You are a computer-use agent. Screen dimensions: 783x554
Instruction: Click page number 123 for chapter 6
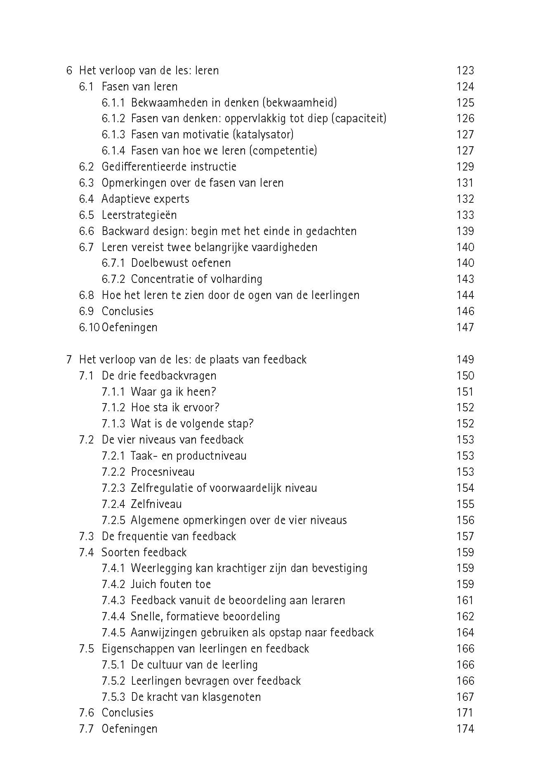465,71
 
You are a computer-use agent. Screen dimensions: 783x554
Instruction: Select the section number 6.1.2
113,119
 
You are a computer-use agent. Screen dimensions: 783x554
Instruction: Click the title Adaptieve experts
145,199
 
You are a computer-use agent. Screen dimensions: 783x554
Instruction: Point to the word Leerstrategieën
139,215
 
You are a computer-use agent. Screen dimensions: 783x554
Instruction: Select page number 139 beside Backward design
465,231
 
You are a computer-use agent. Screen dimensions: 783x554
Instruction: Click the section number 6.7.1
113,263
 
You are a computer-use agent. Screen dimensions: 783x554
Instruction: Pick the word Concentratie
162,279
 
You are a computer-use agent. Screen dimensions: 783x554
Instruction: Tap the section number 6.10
89,327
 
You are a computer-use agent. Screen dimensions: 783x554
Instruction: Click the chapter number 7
69,360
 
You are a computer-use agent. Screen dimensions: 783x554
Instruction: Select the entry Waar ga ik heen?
173,391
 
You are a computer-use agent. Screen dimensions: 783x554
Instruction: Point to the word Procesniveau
163,472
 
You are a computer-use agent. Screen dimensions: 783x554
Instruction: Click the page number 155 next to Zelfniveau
465,504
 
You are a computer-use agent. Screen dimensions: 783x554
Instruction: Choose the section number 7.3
87,536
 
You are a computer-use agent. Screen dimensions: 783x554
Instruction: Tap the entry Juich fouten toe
171,584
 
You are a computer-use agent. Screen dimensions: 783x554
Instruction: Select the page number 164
465,633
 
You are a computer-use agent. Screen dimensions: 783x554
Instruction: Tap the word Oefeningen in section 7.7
130,729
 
